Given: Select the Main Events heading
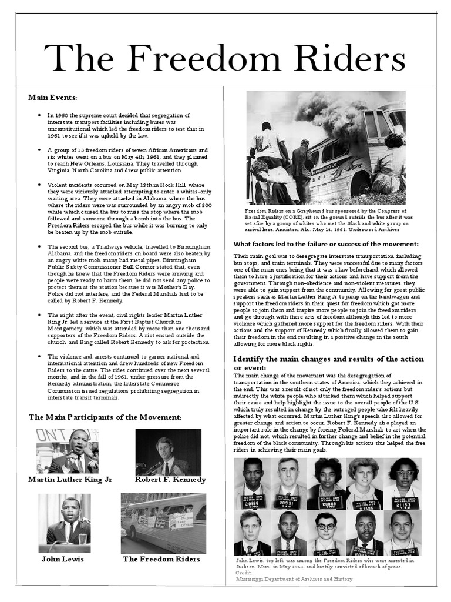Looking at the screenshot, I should click(53, 97).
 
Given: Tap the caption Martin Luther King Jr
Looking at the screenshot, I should click(70, 480).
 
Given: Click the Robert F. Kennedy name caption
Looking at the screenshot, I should click(170, 480).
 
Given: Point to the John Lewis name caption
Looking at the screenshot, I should click(62, 559).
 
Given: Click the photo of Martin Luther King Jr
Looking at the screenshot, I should click(67, 451).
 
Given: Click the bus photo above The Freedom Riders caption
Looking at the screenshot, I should click(163, 523).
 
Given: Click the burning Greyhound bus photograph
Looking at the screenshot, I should click(326, 147).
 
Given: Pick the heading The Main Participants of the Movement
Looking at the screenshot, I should click(105, 417).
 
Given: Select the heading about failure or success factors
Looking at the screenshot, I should click(326, 244).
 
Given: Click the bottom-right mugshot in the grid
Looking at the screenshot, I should click(403, 533).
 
